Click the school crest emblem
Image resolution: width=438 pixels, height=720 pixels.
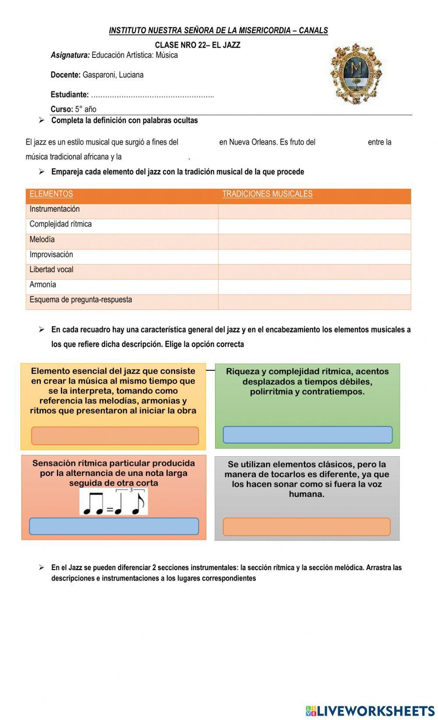pyautogui.click(x=356, y=73)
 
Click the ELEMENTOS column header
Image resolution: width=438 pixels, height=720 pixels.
pyautogui.click(x=51, y=194)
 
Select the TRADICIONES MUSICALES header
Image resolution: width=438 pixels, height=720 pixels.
pyautogui.click(x=267, y=194)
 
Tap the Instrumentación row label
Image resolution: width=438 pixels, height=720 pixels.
pyautogui.click(x=55, y=209)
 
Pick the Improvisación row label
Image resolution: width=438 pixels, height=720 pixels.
pyautogui.click(x=51, y=255)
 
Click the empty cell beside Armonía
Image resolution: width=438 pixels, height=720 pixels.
pyautogui.click(x=314, y=287)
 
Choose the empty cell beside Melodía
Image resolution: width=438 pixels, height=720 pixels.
pyautogui.click(x=314, y=241)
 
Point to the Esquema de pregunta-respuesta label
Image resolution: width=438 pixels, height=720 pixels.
pyautogui.click(x=81, y=300)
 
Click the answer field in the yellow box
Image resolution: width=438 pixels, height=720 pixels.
pyautogui.click(x=115, y=436)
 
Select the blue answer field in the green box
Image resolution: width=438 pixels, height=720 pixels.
pyautogui.click(x=307, y=435)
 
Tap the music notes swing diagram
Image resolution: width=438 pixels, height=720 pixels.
pyautogui.click(x=114, y=502)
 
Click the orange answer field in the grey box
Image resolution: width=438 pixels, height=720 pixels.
pyautogui.click(x=307, y=526)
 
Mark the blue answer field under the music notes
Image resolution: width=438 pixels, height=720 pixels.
pyautogui.click(x=114, y=526)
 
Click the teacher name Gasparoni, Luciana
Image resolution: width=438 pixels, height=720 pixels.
pyautogui.click(x=113, y=75)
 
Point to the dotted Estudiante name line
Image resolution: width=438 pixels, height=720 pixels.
pyautogui.click(x=152, y=95)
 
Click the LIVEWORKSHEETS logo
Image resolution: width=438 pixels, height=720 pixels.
pyautogui.click(x=370, y=710)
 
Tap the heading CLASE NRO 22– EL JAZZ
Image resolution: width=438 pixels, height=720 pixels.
pyautogui.click(x=198, y=45)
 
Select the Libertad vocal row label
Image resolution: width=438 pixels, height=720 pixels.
pyautogui.click(x=51, y=270)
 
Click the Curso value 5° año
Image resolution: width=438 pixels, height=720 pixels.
pyautogui.click(x=85, y=109)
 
